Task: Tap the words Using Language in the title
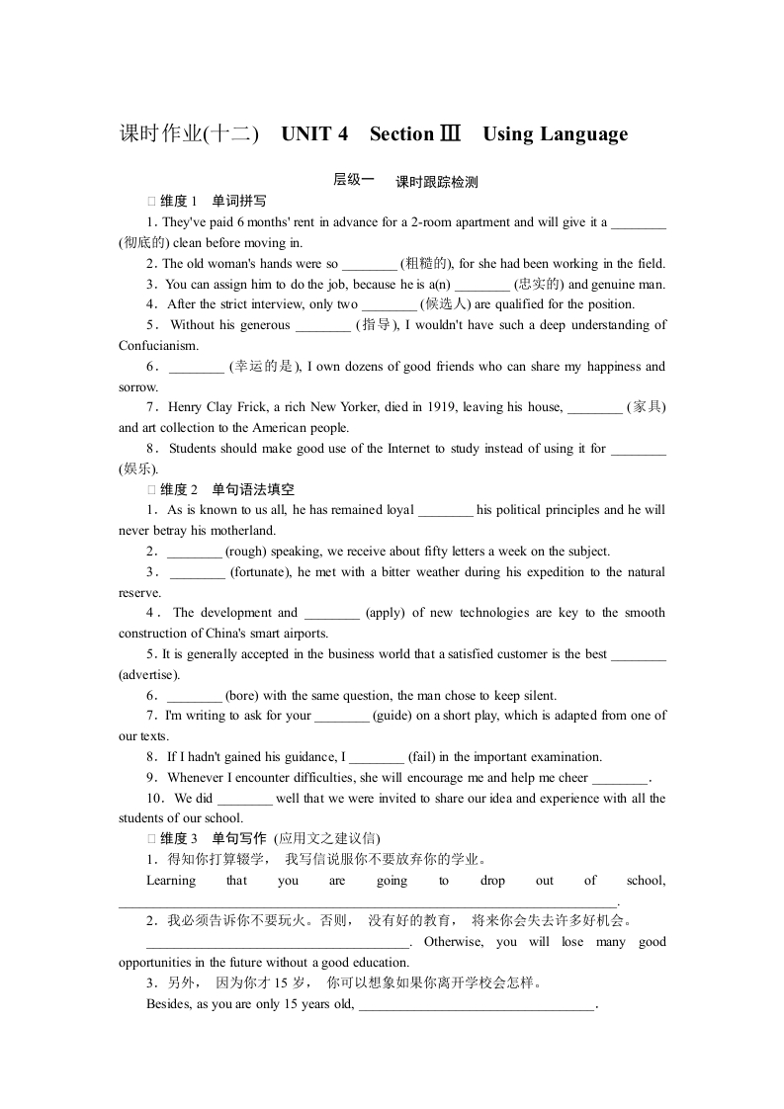pyautogui.click(x=556, y=134)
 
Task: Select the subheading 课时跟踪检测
pyautogui.click(x=436, y=182)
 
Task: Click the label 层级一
pyautogui.click(x=353, y=180)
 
